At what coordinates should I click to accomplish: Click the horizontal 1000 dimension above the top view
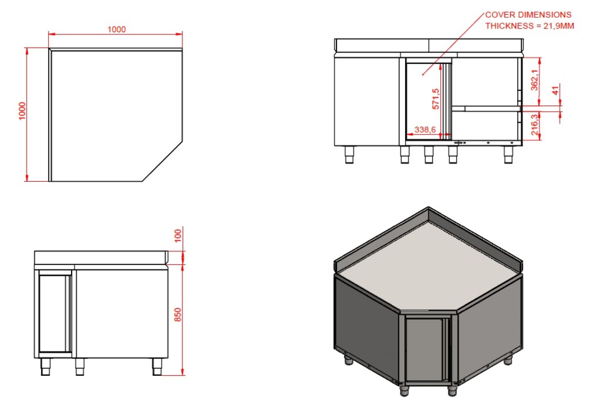click(116, 29)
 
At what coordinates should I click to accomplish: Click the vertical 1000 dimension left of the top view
click(22, 111)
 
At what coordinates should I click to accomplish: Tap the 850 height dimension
click(178, 315)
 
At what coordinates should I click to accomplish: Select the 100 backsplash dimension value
click(178, 235)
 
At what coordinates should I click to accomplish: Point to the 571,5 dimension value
click(436, 99)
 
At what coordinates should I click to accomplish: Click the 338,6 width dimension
click(425, 129)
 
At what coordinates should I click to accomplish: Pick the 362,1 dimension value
click(534, 80)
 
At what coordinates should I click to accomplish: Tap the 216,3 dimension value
click(534, 125)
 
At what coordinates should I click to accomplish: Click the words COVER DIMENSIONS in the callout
click(528, 15)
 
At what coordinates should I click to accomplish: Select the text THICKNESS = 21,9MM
click(530, 26)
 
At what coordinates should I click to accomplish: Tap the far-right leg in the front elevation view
click(508, 155)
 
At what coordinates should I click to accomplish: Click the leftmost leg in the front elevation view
click(349, 155)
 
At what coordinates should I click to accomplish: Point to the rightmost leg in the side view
click(157, 367)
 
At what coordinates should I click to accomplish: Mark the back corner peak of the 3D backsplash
click(428, 208)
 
